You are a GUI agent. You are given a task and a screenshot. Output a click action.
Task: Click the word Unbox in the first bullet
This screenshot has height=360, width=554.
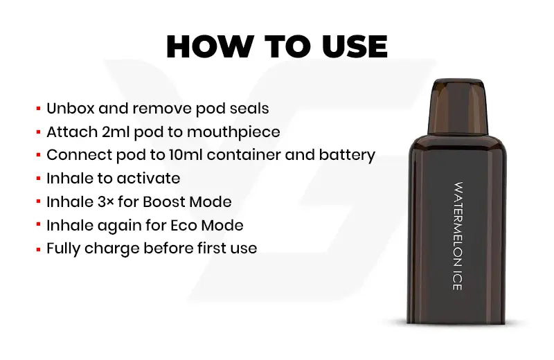point(70,108)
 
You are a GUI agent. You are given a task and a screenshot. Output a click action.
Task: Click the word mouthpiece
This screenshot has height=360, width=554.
point(233,132)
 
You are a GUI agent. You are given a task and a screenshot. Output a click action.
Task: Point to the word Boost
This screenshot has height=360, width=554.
point(164,201)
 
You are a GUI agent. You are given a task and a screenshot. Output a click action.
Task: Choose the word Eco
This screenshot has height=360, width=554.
point(184,225)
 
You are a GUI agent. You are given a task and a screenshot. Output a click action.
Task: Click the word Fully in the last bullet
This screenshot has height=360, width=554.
point(63,249)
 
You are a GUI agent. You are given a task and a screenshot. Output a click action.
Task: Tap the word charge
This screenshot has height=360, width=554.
point(112,249)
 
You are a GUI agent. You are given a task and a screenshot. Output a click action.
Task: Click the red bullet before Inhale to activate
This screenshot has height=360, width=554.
point(39,179)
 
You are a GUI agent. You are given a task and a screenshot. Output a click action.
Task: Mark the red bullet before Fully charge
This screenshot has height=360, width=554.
point(39,249)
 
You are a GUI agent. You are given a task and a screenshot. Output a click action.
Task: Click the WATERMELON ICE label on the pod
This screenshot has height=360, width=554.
point(458,236)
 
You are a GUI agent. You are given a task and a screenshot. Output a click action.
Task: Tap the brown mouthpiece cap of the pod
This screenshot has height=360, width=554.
point(458,106)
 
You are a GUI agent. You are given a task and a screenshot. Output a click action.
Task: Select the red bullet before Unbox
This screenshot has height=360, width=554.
point(39,109)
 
